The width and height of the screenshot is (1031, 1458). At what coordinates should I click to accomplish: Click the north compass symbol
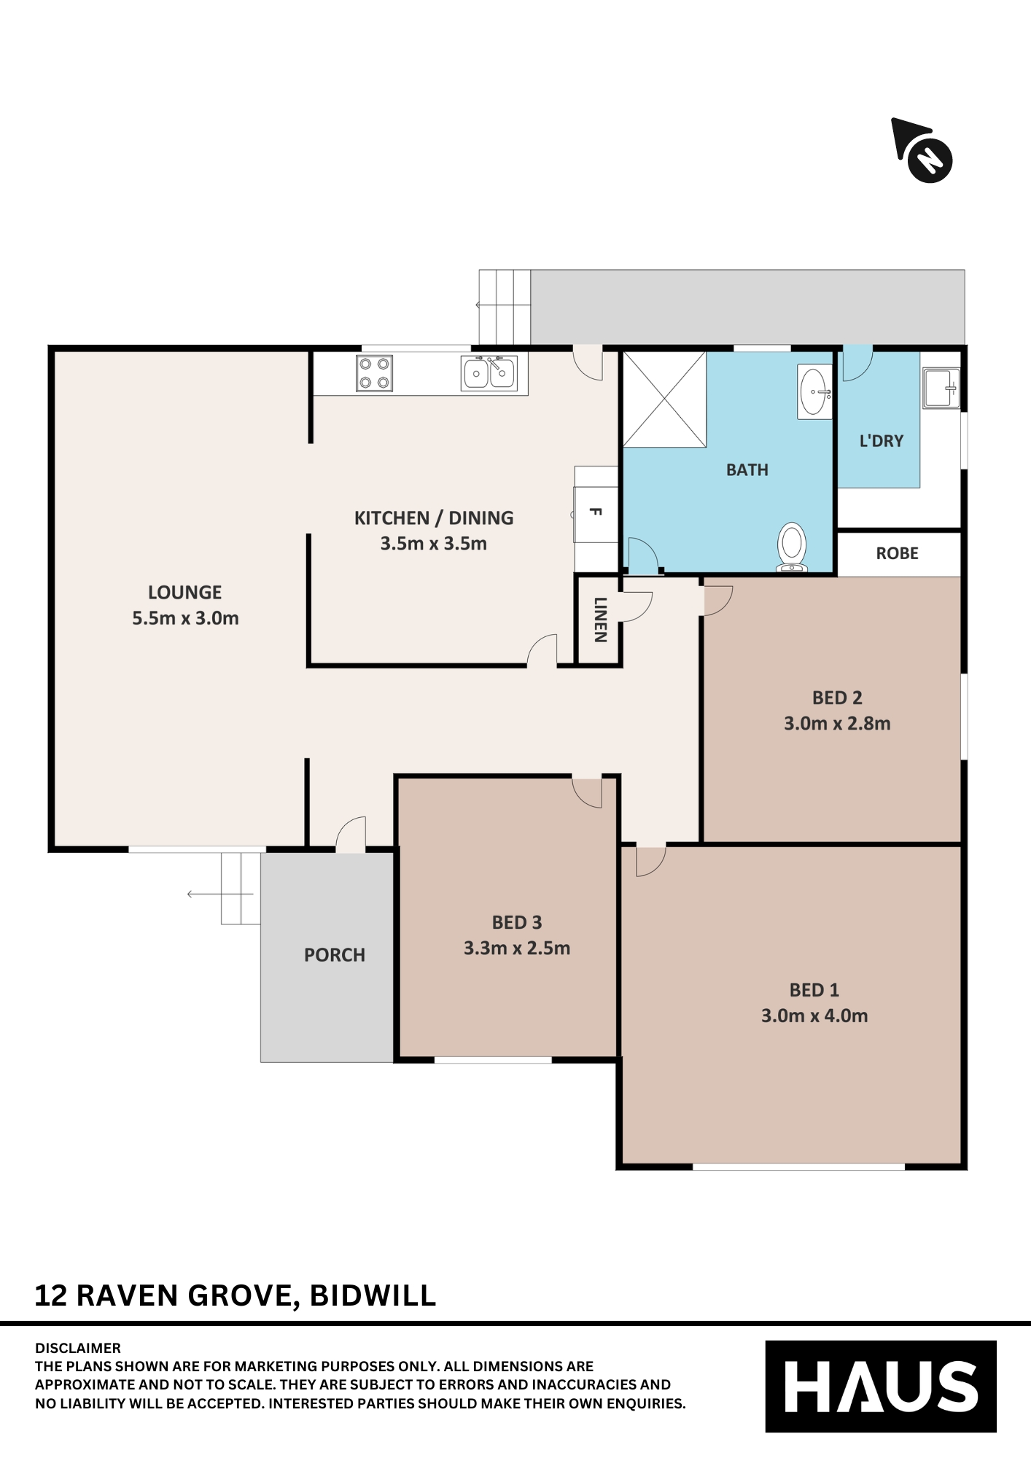(923, 151)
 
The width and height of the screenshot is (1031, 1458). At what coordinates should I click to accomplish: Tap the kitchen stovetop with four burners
(375, 373)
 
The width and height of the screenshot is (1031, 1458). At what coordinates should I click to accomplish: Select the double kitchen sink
(489, 373)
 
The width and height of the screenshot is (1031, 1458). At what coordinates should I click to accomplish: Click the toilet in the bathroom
(792, 547)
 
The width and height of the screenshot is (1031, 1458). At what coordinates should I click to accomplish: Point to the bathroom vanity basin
(814, 391)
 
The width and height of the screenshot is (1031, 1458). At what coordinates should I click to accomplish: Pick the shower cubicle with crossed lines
(664, 399)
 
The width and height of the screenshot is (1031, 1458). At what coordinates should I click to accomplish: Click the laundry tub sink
(941, 388)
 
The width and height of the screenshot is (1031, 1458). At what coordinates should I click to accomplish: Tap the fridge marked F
(596, 512)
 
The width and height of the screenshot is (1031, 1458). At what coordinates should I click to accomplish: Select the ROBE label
(897, 553)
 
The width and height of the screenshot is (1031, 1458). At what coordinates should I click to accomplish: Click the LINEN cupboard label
(600, 620)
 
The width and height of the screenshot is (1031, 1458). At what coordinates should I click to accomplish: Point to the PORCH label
(335, 955)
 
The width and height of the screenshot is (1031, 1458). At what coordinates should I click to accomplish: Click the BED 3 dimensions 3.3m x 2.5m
(517, 948)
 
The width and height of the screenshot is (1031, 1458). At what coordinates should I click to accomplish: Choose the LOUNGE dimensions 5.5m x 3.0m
(185, 618)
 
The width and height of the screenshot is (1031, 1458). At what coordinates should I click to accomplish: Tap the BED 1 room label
(814, 990)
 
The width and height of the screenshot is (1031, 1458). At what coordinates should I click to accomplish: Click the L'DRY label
(882, 441)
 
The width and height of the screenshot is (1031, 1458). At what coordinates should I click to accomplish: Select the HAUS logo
(881, 1387)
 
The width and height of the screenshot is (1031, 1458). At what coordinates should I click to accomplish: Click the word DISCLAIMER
(78, 1348)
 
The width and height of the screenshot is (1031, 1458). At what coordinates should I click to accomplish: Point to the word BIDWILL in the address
(373, 1295)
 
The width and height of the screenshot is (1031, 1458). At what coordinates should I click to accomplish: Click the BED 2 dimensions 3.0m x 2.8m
(837, 724)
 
